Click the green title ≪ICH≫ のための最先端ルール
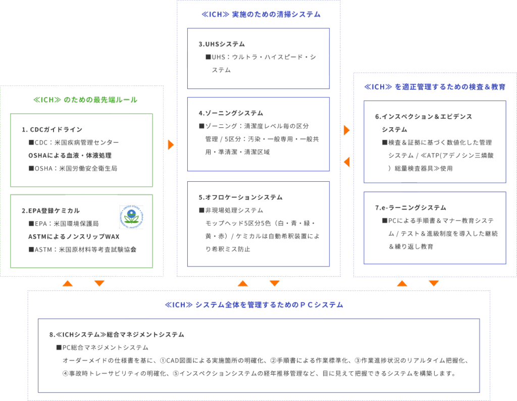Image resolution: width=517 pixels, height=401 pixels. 85,100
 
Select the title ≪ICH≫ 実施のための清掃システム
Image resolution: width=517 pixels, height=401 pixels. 261,15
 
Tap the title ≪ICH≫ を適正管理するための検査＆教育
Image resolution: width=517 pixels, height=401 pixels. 435,87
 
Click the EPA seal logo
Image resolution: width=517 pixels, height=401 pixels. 131,217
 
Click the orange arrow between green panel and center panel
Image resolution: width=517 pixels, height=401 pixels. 171,145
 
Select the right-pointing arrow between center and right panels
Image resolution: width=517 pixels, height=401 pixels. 347,130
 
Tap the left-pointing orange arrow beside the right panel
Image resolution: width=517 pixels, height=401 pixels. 347,162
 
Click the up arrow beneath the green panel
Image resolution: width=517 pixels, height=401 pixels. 67,283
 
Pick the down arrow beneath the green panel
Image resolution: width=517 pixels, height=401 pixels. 99,283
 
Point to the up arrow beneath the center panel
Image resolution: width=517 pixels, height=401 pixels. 243,283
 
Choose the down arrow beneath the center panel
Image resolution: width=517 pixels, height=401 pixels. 275,283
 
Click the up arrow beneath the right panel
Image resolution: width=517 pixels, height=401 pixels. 402,283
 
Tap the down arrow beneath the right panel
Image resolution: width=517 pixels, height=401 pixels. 434,283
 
